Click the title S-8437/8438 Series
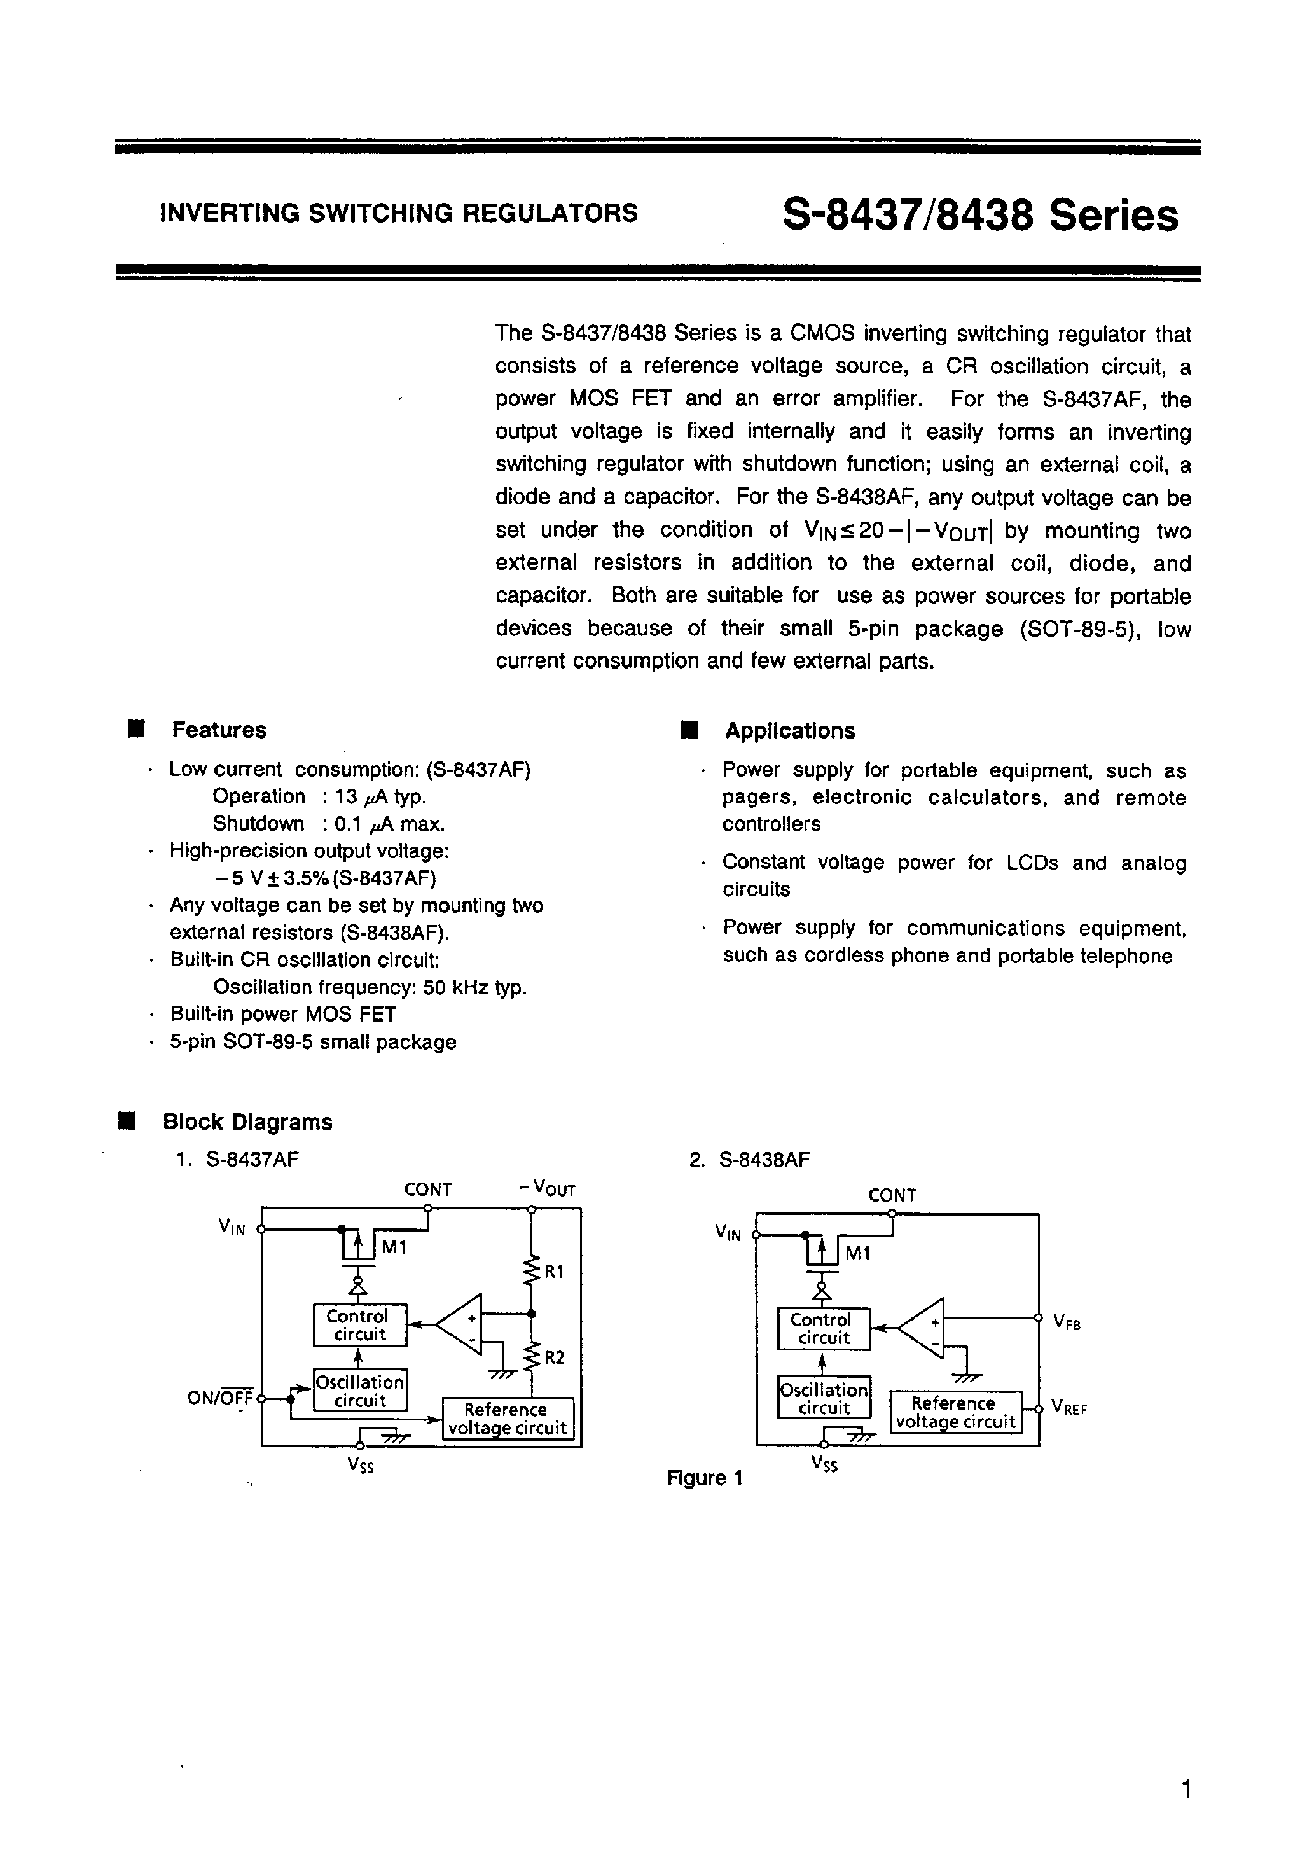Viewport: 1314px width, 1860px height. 980,216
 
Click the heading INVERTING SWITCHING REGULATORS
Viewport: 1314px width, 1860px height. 399,213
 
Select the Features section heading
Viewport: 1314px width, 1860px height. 219,730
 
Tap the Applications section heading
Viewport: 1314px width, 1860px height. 789,731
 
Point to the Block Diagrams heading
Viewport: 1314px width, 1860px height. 247,1122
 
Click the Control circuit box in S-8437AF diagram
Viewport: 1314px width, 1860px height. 360,1325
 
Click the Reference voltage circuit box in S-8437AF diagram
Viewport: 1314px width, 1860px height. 507,1419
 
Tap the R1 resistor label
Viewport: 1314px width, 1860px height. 553,1272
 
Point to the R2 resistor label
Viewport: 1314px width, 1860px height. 554,1357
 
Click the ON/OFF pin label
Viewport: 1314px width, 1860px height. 219,1398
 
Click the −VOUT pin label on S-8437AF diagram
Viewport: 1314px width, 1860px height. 548,1190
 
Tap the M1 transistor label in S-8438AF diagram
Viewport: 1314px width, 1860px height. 857,1254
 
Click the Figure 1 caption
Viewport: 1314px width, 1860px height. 704,1478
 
